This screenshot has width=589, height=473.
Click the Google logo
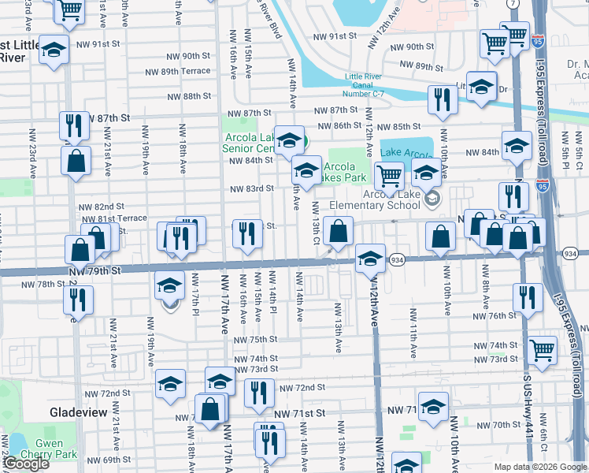(x=26, y=464)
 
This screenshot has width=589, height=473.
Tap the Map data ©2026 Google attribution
(x=539, y=467)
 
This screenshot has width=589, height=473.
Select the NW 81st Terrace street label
(x=115, y=218)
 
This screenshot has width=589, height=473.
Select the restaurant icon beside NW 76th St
(x=527, y=297)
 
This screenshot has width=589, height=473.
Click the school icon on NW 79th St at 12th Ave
(x=369, y=258)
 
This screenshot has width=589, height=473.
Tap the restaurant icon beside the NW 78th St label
(x=78, y=300)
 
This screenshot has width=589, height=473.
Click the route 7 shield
(x=513, y=4)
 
